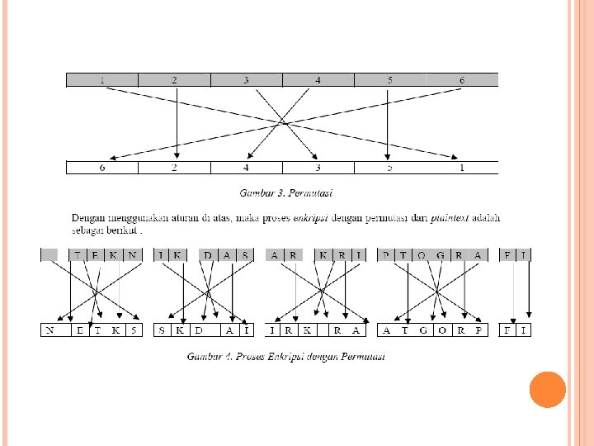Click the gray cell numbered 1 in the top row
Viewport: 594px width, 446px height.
point(101,80)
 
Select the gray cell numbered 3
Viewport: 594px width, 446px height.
point(246,80)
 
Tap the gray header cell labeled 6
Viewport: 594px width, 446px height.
point(462,80)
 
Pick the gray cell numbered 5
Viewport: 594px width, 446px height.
point(389,80)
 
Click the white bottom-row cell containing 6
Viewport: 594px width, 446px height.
point(101,168)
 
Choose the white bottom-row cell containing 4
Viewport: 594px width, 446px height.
point(246,168)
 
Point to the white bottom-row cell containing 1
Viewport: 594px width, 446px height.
point(462,168)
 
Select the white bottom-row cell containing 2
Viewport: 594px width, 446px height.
point(174,168)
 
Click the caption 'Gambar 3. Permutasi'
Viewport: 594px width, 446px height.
point(285,193)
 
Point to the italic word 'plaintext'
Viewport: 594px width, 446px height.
point(450,217)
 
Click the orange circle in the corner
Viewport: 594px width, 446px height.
point(547,389)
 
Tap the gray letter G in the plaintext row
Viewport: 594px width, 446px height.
point(441,255)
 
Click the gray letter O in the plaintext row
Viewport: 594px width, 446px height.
point(422,255)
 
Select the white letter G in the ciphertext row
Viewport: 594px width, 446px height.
point(423,330)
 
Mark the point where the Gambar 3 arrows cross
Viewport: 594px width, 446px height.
point(282,123)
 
